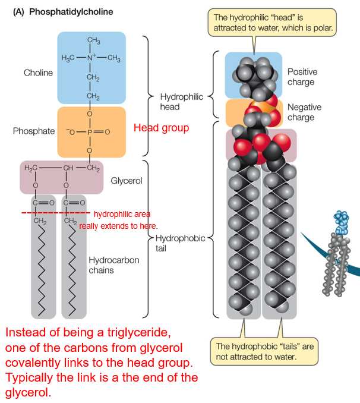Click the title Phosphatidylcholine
coord(71,11)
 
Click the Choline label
coord(38,73)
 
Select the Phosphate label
coord(34,131)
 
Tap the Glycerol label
coord(126,181)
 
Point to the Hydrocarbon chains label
coord(110,265)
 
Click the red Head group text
coord(161,128)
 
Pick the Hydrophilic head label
coord(173,102)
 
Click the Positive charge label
coord(302,77)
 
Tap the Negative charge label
coord(304,112)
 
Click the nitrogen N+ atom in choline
coord(91,58)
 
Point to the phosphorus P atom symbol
coord(90,131)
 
